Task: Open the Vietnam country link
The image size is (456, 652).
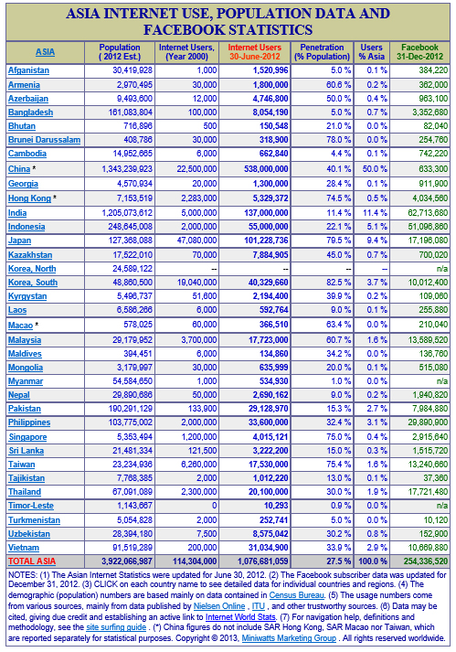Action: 24,546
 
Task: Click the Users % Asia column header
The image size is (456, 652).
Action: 372,51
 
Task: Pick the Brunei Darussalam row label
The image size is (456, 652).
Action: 44,138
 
